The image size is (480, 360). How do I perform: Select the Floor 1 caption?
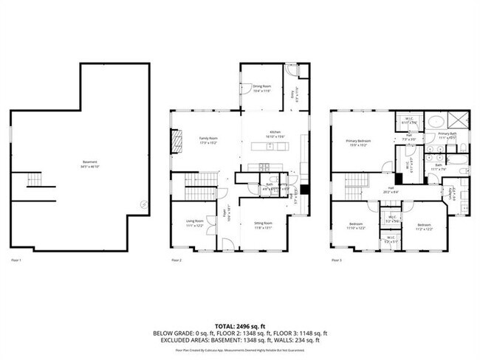point(16,260)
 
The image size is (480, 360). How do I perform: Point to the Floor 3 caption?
point(337,260)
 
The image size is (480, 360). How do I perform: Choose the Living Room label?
point(193,222)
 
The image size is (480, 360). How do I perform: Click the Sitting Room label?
point(264,224)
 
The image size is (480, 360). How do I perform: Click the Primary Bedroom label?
point(358,142)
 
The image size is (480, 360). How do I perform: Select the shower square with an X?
point(459,120)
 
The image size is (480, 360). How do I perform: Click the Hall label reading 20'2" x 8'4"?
point(391,190)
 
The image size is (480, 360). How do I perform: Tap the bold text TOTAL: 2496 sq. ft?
point(239,325)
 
